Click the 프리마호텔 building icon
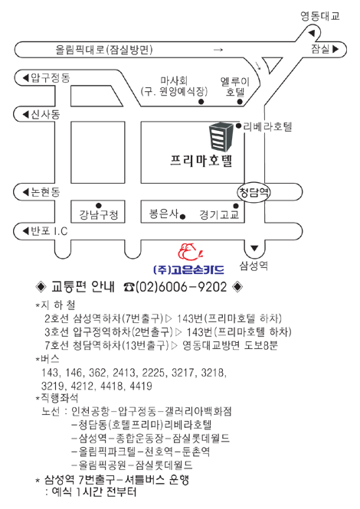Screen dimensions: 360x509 pyautogui.click(x=221, y=136)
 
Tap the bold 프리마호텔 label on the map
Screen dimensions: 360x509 pyautogui.click(x=201, y=161)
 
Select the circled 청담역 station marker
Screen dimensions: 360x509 pyautogui.click(x=254, y=192)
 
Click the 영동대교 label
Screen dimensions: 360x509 pyautogui.click(x=319, y=16)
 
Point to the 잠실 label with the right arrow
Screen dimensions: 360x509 pyautogui.click(x=325, y=49)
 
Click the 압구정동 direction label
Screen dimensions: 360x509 pyautogui.click(x=46, y=78)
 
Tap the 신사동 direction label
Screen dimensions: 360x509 pyautogui.click(x=41, y=114)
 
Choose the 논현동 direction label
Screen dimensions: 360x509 pyautogui.click(x=41, y=192)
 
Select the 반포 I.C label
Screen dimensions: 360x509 pyautogui.click(x=45, y=231)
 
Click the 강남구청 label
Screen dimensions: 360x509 pyautogui.click(x=99, y=215)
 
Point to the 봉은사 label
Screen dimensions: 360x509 pyautogui.click(x=164, y=214)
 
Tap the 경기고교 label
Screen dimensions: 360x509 pyautogui.click(x=219, y=215)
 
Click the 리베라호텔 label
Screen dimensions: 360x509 pyautogui.click(x=268, y=126)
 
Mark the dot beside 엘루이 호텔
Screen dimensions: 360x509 pyautogui.click(x=240, y=102)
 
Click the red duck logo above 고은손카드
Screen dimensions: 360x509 pyautogui.click(x=191, y=252)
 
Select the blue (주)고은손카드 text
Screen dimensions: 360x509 pyautogui.click(x=188, y=269)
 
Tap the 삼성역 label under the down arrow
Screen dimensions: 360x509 pyautogui.click(x=254, y=266)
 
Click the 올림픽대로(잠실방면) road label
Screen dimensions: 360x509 pyautogui.click(x=104, y=50)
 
